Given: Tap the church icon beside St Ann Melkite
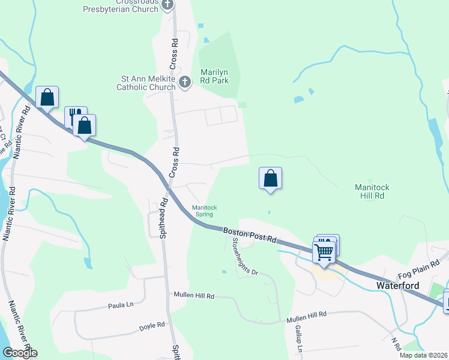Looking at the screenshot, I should coord(185,83).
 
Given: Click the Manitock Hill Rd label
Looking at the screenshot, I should coord(372,191).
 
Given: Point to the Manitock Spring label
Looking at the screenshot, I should coord(204,211).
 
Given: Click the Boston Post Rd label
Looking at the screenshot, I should coord(249,235).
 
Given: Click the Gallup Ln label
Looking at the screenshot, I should coord(298,340).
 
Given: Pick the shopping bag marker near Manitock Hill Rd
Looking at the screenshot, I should coord(270,178).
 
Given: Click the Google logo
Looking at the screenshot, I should coord(20,353).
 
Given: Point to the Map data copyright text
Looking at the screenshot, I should coord(423,355).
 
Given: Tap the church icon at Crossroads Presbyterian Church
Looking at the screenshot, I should coord(167,5).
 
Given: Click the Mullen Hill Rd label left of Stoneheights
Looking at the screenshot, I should coord(194,295).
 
